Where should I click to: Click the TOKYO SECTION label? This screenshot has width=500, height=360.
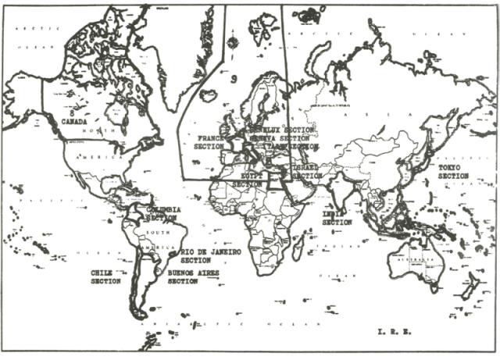[453, 172]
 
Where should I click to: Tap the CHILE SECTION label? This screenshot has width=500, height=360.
[105, 276]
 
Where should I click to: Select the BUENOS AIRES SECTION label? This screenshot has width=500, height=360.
[193, 276]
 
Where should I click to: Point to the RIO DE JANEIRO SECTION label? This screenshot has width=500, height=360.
[211, 256]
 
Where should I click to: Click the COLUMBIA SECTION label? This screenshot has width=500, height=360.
[163, 213]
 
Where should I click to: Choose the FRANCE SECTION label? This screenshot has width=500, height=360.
[210, 141]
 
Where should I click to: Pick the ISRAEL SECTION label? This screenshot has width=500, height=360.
[305, 172]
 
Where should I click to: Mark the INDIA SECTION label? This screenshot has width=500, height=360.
[337, 217]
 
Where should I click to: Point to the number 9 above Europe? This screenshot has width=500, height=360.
[234, 79]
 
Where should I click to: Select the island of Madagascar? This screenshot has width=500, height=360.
[298, 249]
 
